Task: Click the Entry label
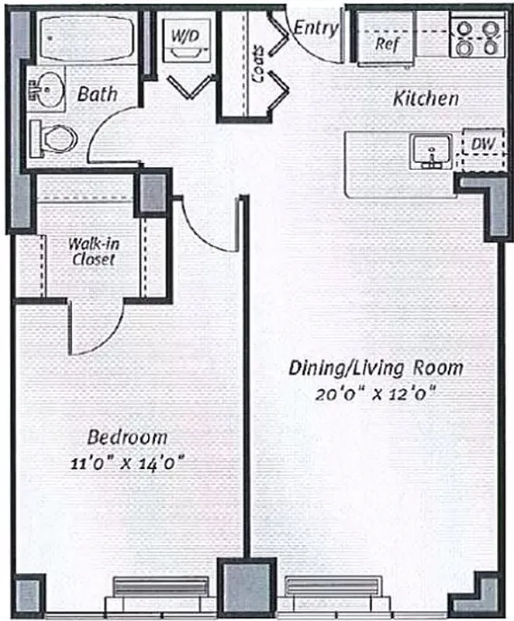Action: tap(316, 29)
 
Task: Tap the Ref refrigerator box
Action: tap(386, 43)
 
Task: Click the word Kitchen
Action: tap(426, 99)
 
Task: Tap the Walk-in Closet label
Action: tap(91, 250)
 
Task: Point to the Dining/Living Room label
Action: tap(376, 366)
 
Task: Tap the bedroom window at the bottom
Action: tap(161, 594)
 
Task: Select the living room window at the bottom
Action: tap(333, 594)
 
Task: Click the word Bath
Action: tap(98, 94)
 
